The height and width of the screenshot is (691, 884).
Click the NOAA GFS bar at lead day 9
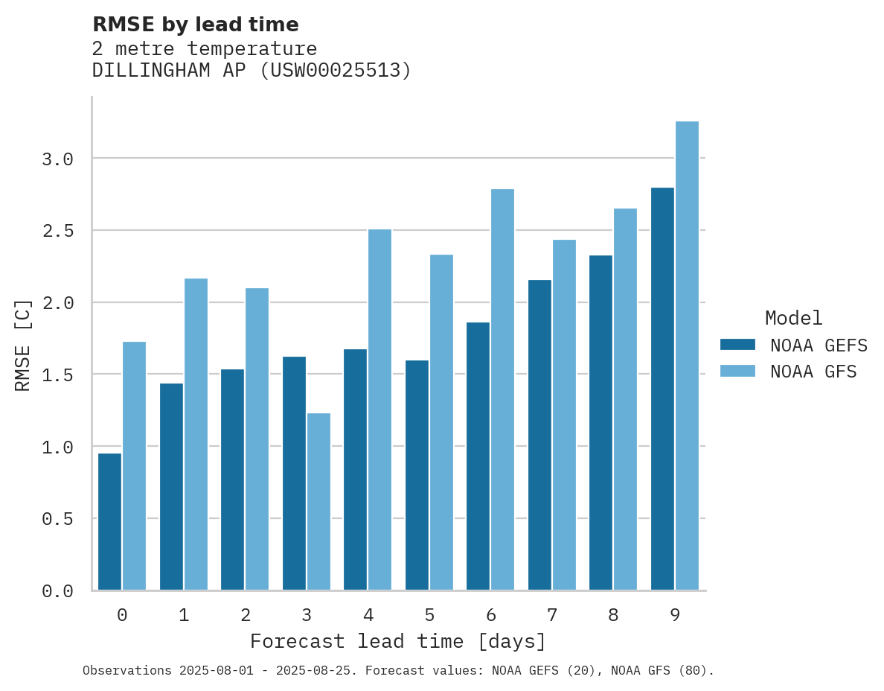pos(687,355)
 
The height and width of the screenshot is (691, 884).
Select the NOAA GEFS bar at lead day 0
pos(109,521)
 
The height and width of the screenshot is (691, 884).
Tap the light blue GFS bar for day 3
pos(318,501)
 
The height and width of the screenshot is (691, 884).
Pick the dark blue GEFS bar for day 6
pos(478,456)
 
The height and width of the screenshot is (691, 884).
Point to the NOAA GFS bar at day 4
pos(379,410)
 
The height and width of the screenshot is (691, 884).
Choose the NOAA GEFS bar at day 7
pos(539,435)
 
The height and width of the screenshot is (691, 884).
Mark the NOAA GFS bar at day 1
pos(196,434)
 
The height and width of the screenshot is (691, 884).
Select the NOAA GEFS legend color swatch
pos(737,345)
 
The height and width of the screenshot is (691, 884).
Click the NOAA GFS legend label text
pos(813,372)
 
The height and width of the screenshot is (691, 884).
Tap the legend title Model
pos(793,318)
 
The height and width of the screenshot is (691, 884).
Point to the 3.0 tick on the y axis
pos(57,159)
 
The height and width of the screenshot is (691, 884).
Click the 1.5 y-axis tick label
pos(57,375)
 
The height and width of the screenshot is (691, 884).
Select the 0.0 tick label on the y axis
pos(57,591)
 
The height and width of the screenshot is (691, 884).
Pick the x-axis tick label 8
pos(612,615)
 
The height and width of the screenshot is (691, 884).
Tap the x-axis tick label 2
pos(245,615)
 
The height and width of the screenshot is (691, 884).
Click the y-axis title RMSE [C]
pos(23,345)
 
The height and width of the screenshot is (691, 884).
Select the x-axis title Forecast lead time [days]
pos(398,641)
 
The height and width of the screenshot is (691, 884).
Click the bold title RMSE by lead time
pos(195,25)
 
